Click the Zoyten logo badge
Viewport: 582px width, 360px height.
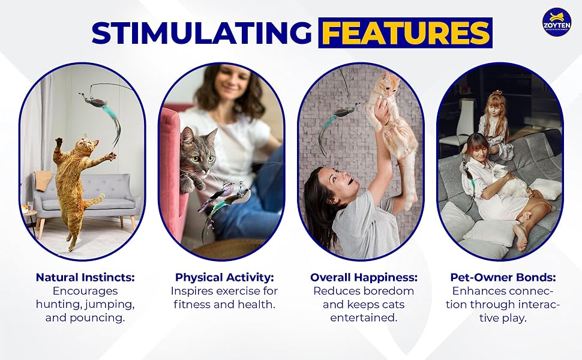click(x=556, y=22)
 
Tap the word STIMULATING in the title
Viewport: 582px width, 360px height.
click(x=202, y=33)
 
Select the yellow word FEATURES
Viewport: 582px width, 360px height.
click(x=406, y=33)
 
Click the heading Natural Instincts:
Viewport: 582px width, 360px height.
click(x=85, y=277)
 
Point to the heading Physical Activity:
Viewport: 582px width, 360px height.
click(x=224, y=277)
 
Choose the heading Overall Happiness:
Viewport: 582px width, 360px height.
click(x=364, y=277)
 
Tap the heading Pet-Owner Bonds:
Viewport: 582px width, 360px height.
click(x=503, y=277)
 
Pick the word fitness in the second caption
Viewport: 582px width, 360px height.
click(x=192, y=304)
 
